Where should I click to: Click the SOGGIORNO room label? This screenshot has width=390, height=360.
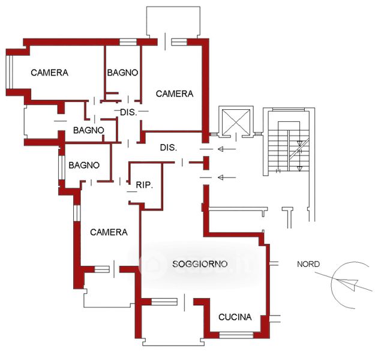(x=199, y=264)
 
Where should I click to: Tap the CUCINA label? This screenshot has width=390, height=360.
(x=235, y=317)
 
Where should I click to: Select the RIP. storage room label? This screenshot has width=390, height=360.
(x=145, y=185)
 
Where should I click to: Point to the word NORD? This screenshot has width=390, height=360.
(x=308, y=264)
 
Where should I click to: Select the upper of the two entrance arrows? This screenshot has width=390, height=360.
(x=226, y=149)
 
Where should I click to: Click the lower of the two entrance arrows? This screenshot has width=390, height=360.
(x=226, y=177)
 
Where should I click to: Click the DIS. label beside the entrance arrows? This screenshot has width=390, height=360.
(x=168, y=148)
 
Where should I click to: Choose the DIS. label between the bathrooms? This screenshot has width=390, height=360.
(x=128, y=113)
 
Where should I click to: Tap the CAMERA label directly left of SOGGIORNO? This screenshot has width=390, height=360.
(x=109, y=232)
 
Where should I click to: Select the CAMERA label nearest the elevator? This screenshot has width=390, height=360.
(x=175, y=94)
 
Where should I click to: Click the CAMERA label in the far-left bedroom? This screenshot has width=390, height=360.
(x=49, y=73)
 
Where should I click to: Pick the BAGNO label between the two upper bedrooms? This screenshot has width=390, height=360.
(x=123, y=73)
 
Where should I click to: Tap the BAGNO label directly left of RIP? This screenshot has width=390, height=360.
(x=84, y=165)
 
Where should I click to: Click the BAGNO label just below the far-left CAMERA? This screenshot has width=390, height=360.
(x=89, y=130)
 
